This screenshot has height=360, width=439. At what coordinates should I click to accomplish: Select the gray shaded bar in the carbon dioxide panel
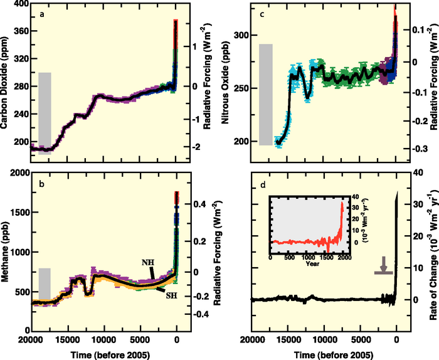coord(45,113)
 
